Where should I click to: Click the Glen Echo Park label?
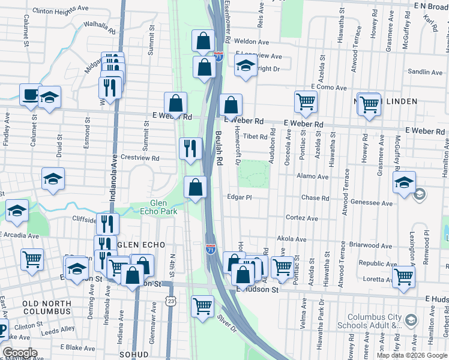click(x=153, y=207)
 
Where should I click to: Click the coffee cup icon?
click(x=30, y=94)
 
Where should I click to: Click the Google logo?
click(x=20, y=353)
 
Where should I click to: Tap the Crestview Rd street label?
click(x=139, y=158)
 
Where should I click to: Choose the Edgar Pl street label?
click(x=238, y=197)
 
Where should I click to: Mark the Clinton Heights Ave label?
click(x=60, y=11)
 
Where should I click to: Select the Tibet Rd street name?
click(x=255, y=137)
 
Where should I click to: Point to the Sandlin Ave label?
click(x=425, y=72)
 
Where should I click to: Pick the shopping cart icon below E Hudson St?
click(x=202, y=306)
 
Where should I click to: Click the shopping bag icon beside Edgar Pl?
click(x=196, y=187)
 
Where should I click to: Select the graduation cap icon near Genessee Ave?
click(x=404, y=182)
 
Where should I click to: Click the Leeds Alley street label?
click(x=58, y=329)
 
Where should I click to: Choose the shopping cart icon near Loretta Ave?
click(x=403, y=276)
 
